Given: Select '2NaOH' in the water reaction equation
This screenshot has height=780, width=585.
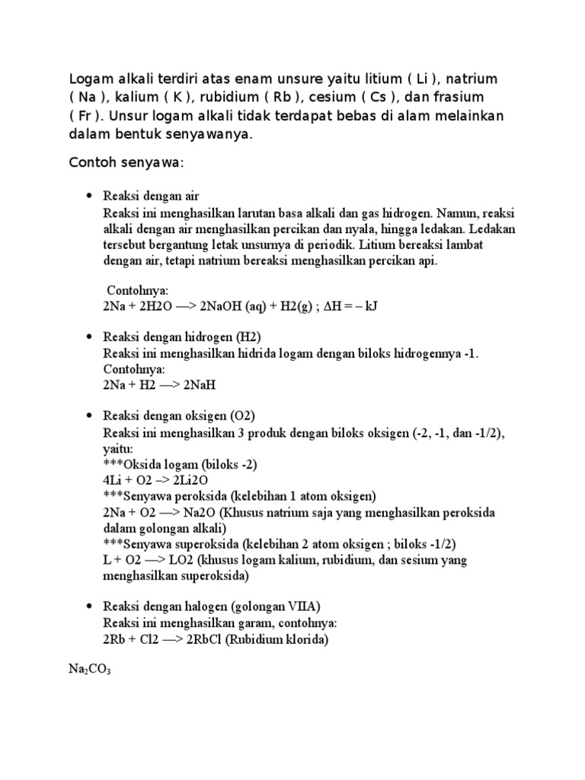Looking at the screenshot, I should [x=222, y=306].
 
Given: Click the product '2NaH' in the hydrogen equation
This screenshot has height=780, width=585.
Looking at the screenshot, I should [x=200, y=385].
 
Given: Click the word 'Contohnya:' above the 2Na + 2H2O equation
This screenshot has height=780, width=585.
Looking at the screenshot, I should [x=138, y=291].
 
